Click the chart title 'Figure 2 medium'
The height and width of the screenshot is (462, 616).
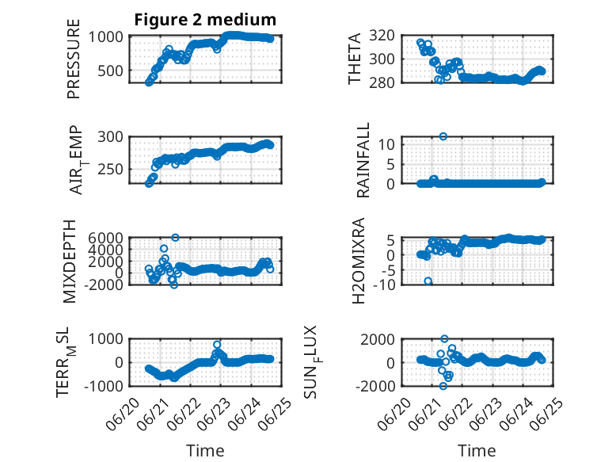(205, 20)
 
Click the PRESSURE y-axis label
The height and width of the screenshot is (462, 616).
(74, 59)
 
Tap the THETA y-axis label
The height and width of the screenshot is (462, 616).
(355, 59)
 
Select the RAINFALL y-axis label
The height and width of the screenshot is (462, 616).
(363, 160)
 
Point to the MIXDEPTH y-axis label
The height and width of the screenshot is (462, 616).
(69, 262)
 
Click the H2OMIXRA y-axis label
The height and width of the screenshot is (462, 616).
(359, 261)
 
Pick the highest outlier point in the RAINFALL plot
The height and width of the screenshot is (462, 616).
(443, 136)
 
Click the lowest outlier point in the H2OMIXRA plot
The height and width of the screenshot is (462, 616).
(428, 281)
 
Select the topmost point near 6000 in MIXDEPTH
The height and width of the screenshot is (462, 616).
(176, 238)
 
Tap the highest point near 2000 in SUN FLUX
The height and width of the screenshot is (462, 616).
(444, 339)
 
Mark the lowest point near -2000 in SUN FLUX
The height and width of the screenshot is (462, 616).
(443, 386)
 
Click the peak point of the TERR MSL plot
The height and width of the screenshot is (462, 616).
(217, 345)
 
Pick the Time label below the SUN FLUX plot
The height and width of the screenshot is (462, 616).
(477, 451)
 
